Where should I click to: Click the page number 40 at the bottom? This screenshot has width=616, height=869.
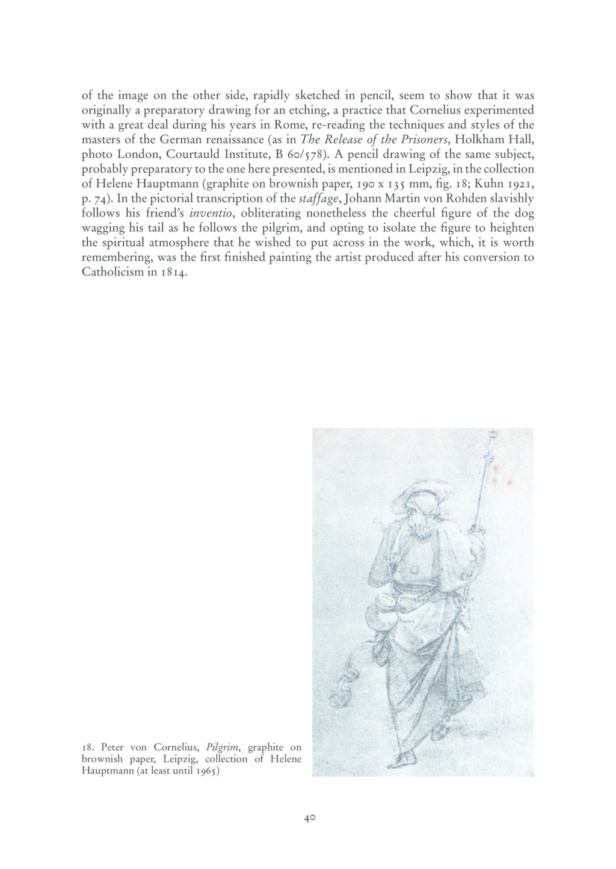tap(310, 818)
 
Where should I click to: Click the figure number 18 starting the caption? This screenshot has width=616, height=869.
tap(87, 748)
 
